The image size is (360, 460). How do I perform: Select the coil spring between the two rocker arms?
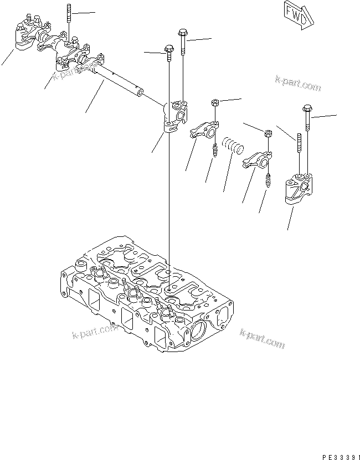tap(232, 147)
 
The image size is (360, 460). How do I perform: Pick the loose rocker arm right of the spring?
tap(255, 160)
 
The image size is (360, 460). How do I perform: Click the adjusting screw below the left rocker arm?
tap(214, 151)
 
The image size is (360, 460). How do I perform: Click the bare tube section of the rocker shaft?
tap(119, 83)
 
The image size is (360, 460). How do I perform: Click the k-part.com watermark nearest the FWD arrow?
tap(298, 84)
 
